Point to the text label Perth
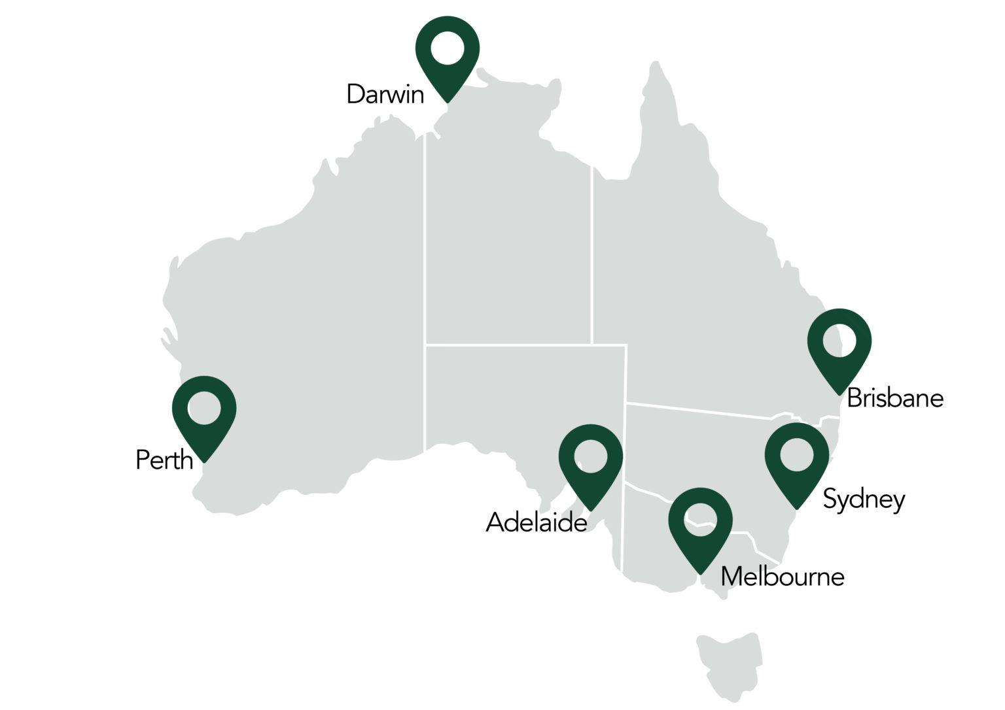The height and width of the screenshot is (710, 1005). [164, 460]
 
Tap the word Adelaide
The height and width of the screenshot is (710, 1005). [536, 523]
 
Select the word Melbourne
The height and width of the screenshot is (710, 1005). [782, 577]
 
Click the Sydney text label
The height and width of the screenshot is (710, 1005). [864, 499]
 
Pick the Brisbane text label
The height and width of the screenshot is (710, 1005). [894, 398]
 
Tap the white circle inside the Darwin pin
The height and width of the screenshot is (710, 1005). [448, 48]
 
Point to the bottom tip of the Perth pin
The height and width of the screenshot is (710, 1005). [204, 462]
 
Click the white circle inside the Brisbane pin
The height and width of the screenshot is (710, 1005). [839, 341]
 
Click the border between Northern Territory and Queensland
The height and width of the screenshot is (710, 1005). [591, 255]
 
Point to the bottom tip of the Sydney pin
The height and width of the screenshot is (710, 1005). [797, 509]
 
